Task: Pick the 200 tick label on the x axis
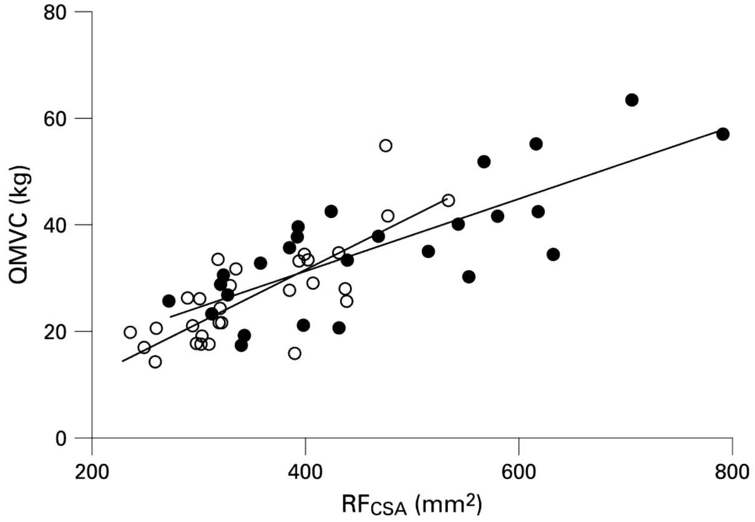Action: (92, 471)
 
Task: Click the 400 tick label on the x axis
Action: (305, 471)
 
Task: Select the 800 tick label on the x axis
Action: (731, 471)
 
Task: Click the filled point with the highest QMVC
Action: (631, 100)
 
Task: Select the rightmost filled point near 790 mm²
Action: (723, 134)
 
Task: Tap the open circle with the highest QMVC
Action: (386, 145)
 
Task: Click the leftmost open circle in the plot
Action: (130, 332)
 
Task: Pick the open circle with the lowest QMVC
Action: (155, 362)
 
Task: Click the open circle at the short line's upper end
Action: (448, 200)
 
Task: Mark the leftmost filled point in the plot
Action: (168, 301)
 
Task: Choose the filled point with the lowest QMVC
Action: (241, 345)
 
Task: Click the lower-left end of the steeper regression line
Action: (122, 361)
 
